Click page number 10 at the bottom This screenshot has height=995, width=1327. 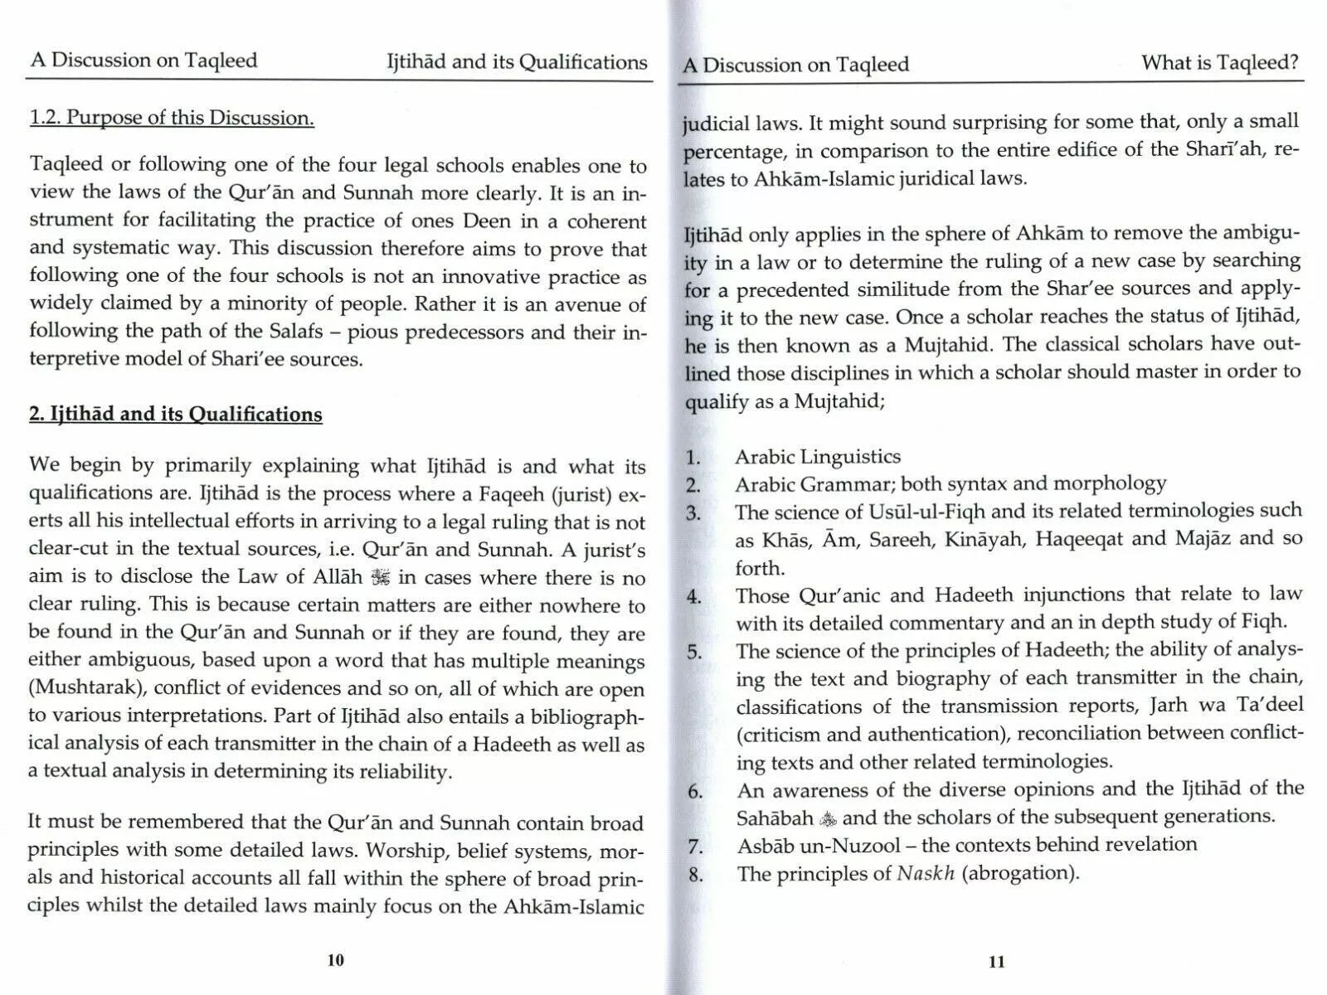tap(335, 960)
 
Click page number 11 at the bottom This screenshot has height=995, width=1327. tap(997, 962)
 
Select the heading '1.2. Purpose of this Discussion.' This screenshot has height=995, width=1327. tap(172, 118)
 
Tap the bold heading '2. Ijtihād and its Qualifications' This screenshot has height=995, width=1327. tap(175, 414)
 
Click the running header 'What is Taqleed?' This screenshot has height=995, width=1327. tap(1219, 63)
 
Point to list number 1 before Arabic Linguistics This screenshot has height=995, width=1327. tap(693, 457)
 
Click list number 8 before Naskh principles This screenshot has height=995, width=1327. tap(695, 875)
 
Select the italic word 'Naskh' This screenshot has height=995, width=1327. tap(926, 873)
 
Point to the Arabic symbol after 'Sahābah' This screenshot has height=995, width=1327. tap(828, 819)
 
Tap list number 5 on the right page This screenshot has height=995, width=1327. tap(694, 652)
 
